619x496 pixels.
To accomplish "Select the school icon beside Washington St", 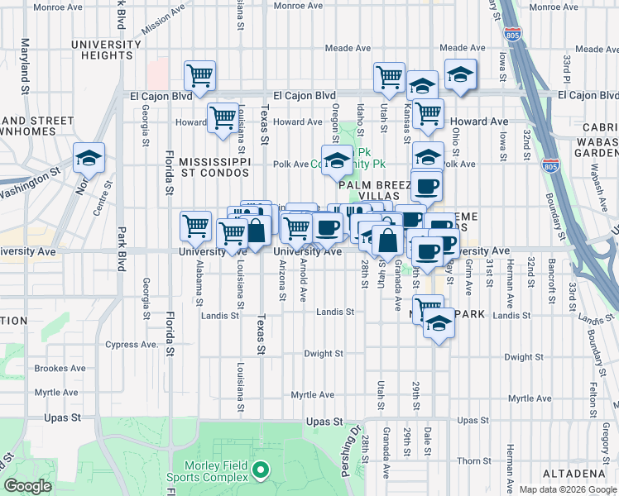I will tap(89, 157).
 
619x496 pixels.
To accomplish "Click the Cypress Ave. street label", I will tap(132, 344).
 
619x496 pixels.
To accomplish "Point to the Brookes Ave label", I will tap(62, 369).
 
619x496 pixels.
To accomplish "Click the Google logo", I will tap(27, 486).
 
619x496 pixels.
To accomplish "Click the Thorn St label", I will tap(473, 460).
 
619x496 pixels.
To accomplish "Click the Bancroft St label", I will tap(550, 278).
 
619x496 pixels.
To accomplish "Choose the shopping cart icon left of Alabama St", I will tap(195, 225).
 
